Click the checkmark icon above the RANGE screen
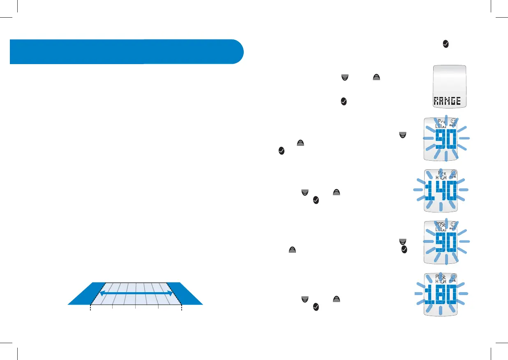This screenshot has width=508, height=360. [x=445, y=44]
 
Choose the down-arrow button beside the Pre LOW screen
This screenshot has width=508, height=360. [x=402, y=134]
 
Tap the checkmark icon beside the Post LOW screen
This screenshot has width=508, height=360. [x=404, y=249]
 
